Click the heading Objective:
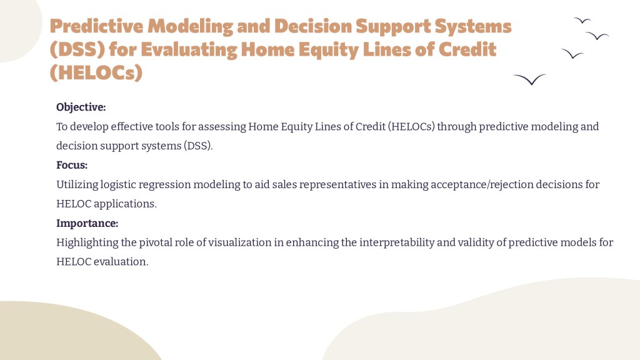pos(81,107)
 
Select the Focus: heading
pos(72,165)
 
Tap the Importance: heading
pos(87,223)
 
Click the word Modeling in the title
pos(190,26)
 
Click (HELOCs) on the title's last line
pos(96,73)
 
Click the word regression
pos(164,185)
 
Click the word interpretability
pos(396,242)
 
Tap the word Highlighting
pos(87,242)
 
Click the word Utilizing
pos(77,184)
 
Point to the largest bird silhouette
pos(529,79)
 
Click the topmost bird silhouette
pos(582,20)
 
